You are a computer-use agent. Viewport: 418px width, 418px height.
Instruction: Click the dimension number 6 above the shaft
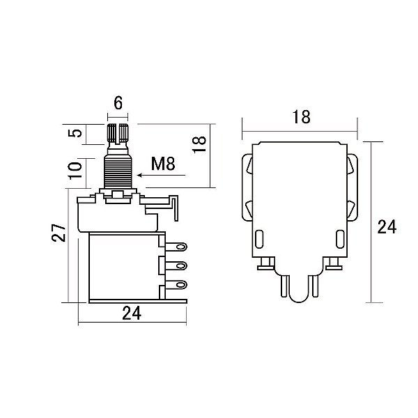tap(118, 103)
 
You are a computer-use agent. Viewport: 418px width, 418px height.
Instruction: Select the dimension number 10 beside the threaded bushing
tap(75, 171)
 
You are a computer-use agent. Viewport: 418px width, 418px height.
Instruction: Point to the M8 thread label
tap(163, 164)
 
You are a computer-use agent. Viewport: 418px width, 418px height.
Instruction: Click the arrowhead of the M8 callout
tap(139, 175)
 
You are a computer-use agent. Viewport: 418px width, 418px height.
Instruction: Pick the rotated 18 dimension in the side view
tap(199, 144)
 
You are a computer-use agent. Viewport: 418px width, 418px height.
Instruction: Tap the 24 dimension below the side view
tap(132, 313)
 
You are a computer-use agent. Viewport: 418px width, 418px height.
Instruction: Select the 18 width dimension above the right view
tap(301, 117)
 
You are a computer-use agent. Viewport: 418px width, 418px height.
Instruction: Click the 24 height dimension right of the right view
tap(387, 227)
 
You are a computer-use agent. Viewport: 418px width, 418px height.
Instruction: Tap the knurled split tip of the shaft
tap(118, 133)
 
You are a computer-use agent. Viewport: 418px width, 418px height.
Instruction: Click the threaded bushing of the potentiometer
tap(118, 172)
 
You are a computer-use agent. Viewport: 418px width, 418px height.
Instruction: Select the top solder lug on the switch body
tap(176, 247)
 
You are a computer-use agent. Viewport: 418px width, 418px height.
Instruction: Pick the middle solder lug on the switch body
tap(176, 266)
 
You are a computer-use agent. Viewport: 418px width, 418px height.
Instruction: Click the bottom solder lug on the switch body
tap(176, 285)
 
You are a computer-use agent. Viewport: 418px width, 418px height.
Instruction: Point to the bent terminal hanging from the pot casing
tap(175, 208)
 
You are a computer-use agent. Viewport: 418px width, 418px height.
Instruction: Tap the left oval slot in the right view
tap(259, 239)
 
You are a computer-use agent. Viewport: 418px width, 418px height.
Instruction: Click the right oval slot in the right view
tap(340, 239)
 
